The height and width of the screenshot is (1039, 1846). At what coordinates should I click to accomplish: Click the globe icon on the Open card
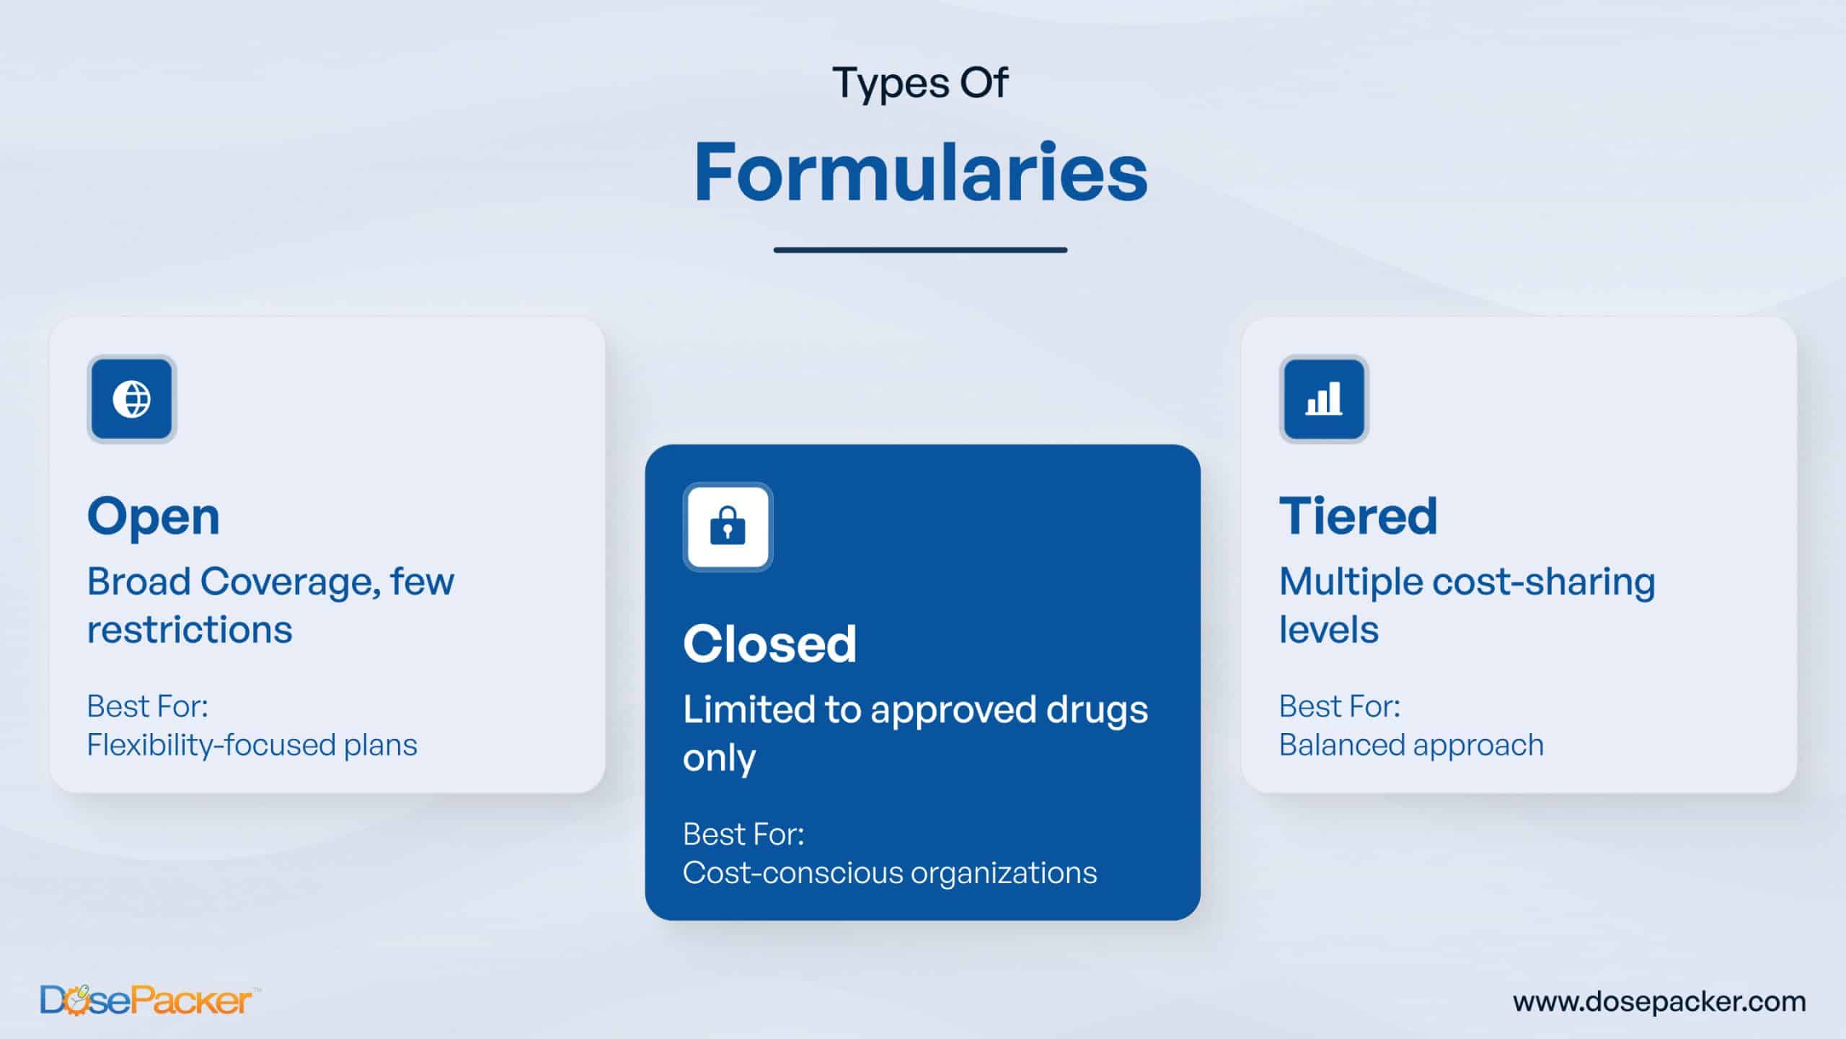132,399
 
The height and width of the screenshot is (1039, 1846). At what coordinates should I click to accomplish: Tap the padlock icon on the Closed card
728,526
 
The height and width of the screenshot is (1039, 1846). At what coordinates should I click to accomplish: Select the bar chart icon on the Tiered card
1324,398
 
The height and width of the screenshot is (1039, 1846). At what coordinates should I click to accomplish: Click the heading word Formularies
921,172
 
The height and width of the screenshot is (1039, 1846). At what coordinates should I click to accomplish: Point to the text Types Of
920,84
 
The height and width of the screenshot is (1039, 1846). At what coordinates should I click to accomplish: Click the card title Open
154,517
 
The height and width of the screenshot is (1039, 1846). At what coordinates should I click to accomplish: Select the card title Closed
769,644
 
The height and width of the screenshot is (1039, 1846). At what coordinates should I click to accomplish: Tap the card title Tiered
1359,516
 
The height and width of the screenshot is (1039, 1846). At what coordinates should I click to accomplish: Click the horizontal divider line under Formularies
921,250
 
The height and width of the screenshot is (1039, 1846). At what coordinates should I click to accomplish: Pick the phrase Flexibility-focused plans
252,745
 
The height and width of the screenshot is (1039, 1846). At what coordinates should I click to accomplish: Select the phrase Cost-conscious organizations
890,872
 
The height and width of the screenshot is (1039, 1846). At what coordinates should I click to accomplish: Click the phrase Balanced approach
1411,745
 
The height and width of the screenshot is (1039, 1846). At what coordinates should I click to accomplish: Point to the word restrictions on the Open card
190,629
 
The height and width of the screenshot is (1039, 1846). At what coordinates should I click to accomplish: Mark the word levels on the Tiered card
1329,629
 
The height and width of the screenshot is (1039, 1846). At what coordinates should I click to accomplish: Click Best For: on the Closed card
743,834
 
